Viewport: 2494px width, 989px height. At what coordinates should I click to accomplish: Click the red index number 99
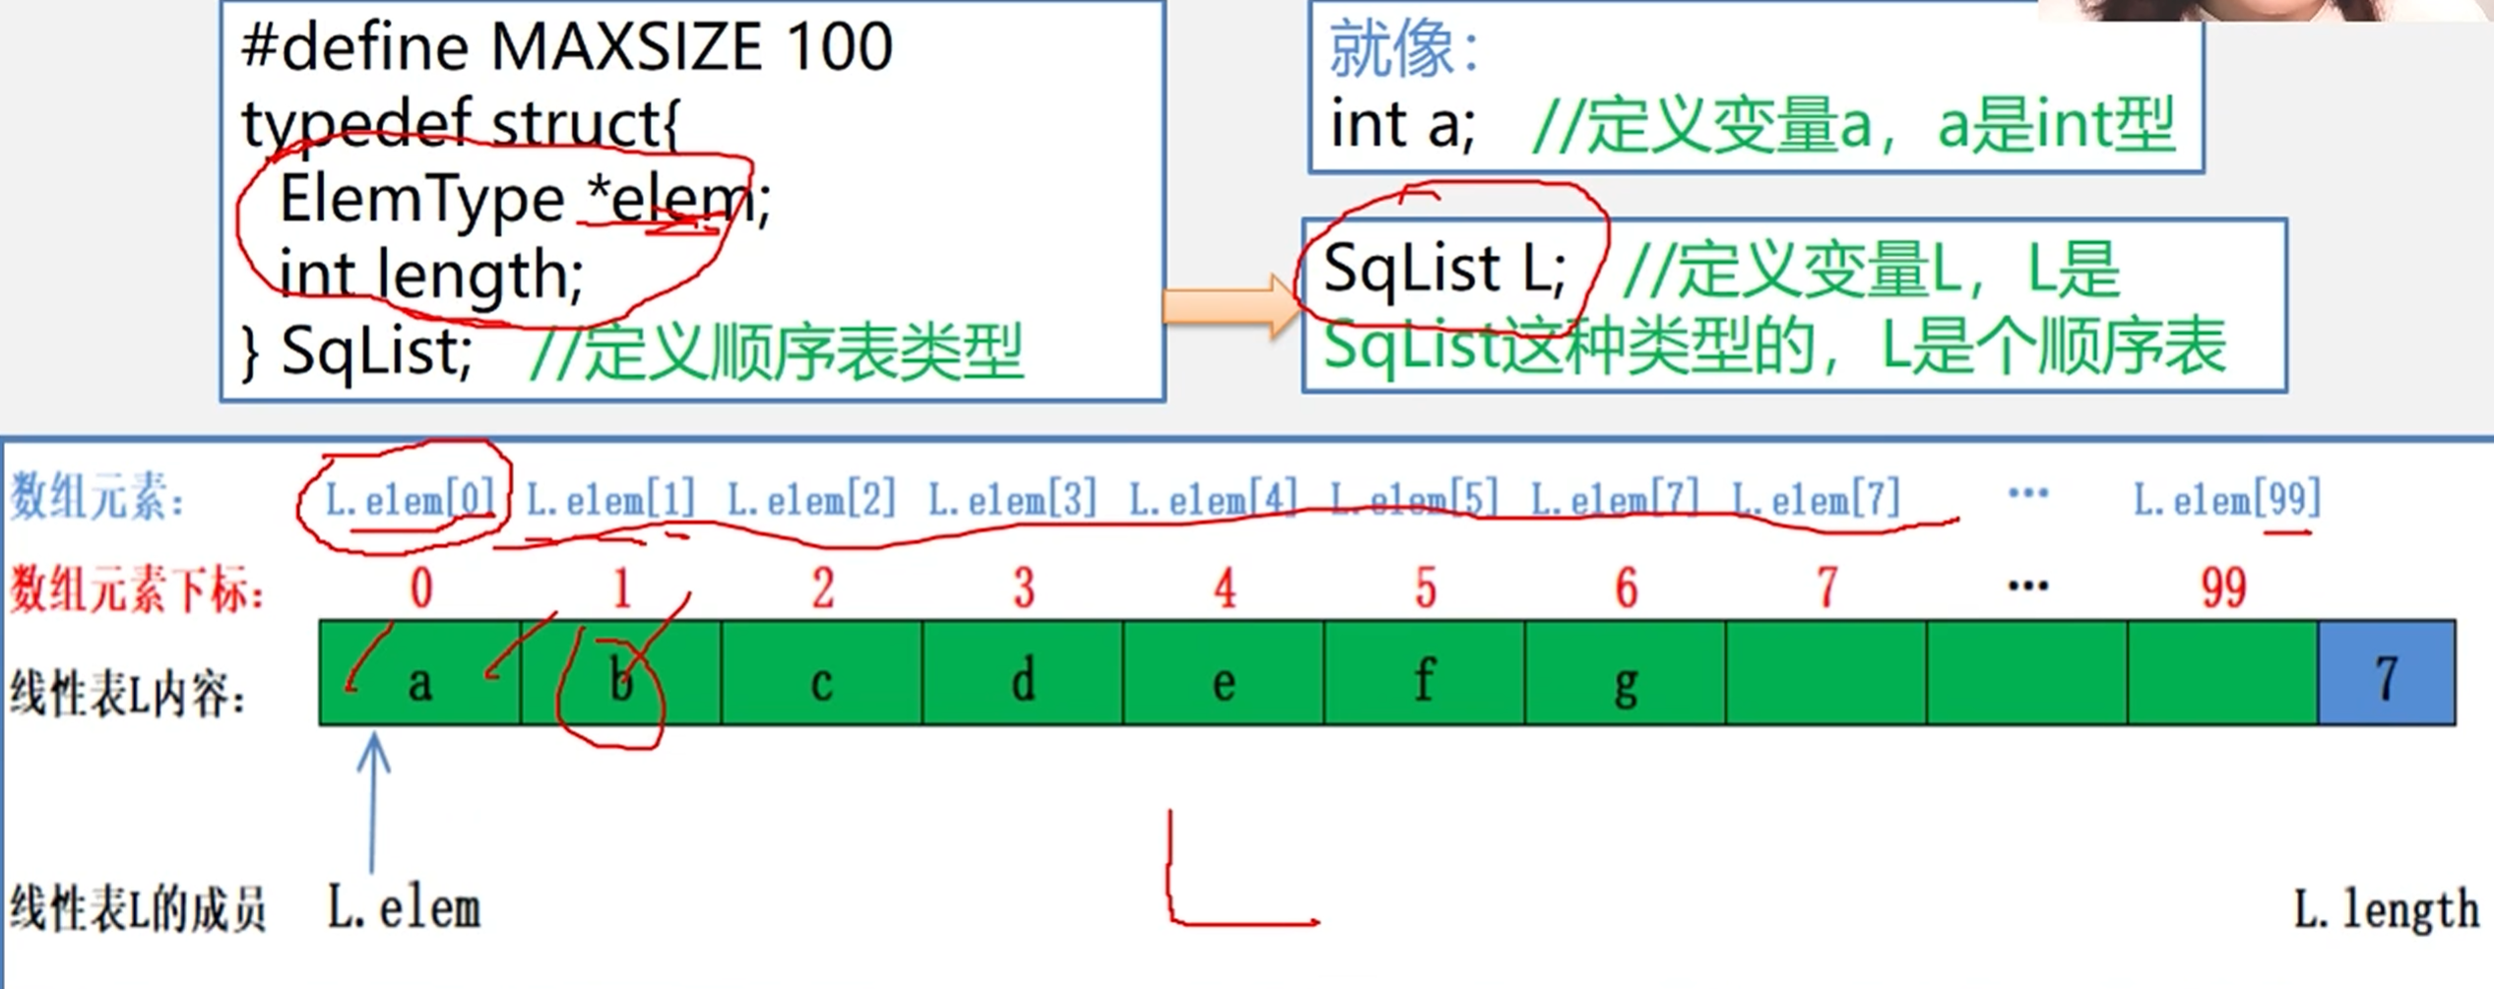click(x=2223, y=588)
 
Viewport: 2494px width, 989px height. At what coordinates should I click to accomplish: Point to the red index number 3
click(x=1024, y=588)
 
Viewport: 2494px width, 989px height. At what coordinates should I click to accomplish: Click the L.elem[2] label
click(x=811, y=500)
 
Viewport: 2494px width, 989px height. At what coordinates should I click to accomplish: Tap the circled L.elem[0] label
click(x=410, y=500)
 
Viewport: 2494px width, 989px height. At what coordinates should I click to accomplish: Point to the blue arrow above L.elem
click(x=372, y=802)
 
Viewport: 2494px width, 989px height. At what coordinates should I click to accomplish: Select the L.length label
click(x=2386, y=909)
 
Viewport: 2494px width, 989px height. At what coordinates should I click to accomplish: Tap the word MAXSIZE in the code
click(x=626, y=46)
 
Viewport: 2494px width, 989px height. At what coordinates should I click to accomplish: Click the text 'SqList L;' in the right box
click(x=1443, y=269)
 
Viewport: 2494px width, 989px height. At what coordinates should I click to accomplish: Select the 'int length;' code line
click(x=431, y=274)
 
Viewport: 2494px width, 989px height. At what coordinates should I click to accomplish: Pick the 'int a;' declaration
click(x=1402, y=125)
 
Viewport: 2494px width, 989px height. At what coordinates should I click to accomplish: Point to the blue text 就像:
click(x=1404, y=49)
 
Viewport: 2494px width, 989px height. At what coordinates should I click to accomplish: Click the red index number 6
click(x=1626, y=588)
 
